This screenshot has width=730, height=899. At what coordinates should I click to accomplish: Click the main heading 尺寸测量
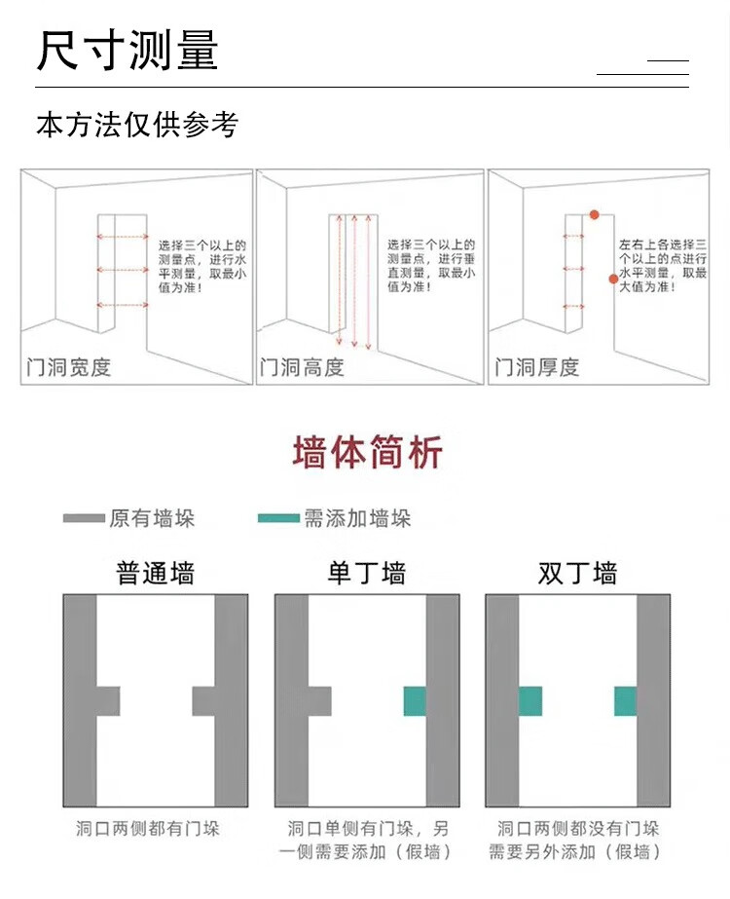point(128,51)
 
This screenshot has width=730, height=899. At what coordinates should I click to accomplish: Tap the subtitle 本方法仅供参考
point(136,125)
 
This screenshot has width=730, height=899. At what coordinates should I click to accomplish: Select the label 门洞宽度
point(69,367)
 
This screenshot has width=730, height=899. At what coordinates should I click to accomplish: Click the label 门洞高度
point(303,367)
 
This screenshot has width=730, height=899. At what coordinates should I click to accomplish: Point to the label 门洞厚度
point(537,367)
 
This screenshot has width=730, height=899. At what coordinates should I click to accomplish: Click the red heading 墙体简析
point(367,453)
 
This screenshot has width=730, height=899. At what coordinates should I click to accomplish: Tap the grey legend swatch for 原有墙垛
point(84,518)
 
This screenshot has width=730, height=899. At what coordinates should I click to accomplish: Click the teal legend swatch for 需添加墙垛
point(278,518)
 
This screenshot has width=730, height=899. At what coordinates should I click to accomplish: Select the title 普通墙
point(155,573)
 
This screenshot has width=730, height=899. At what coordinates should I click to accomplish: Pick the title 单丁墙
point(366,573)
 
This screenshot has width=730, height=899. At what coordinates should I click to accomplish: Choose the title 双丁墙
point(577,573)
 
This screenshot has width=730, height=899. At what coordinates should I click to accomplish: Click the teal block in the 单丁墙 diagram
point(415,701)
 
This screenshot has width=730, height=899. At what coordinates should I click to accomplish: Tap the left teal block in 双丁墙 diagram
point(529,701)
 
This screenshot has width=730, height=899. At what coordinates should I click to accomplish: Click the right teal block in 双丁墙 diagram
point(625,701)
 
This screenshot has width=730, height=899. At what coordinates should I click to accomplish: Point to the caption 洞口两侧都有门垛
point(148,829)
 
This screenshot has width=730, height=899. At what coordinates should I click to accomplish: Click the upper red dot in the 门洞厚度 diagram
point(593,213)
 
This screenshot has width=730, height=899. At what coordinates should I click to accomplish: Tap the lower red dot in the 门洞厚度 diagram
point(613,279)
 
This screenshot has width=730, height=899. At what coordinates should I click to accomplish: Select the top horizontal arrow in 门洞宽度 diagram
point(122,236)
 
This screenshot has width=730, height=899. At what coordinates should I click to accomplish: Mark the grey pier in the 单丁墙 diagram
point(319,701)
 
